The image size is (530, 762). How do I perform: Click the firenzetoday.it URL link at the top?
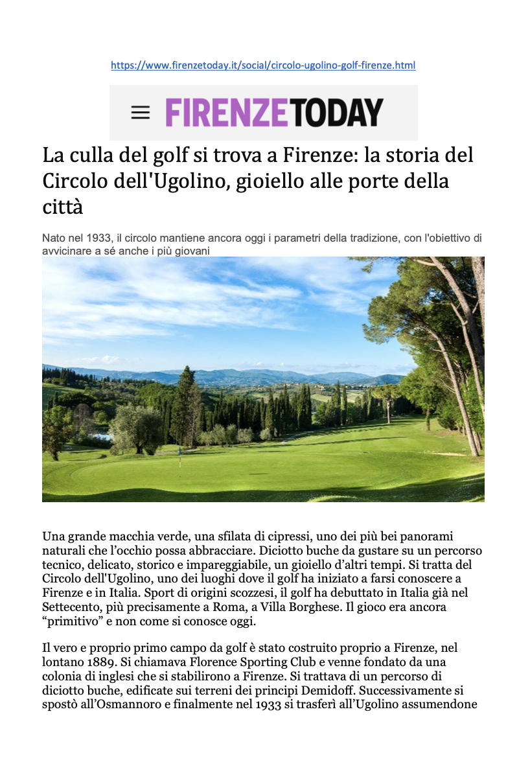click(263, 65)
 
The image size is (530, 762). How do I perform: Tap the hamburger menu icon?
click(140, 113)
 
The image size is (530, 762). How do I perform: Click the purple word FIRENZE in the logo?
click(226, 112)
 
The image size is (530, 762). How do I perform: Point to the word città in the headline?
click(63, 208)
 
